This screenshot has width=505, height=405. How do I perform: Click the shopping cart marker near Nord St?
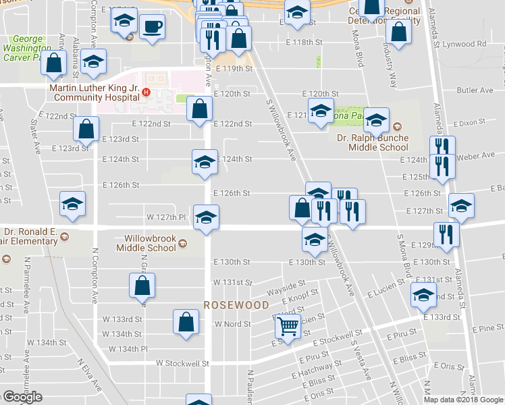[288, 327]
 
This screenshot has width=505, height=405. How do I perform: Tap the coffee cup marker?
[152, 27]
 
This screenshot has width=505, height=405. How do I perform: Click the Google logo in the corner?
[22, 397]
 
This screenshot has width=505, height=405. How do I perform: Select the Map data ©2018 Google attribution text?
[464, 400]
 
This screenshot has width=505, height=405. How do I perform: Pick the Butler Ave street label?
[475, 90]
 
